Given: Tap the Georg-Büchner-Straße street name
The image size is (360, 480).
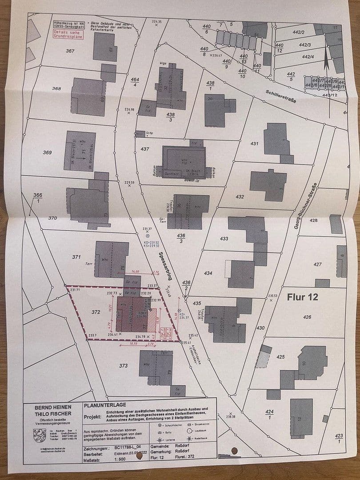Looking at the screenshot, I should click(x=312, y=206).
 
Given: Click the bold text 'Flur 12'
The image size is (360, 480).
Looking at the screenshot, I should click(x=302, y=297).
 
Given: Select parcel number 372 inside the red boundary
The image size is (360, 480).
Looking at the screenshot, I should click(x=96, y=312).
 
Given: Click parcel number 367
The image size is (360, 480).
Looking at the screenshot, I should click(x=70, y=51).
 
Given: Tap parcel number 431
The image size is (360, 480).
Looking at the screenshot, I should click(x=254, y=144).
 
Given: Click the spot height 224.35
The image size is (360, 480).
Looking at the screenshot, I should click(x=156, y=21).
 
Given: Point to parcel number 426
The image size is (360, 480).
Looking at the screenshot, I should click(x=307, y=317).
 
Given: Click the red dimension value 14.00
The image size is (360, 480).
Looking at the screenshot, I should click(x=135, y=272).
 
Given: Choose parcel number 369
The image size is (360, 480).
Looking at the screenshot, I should click(x=47, y=152).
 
